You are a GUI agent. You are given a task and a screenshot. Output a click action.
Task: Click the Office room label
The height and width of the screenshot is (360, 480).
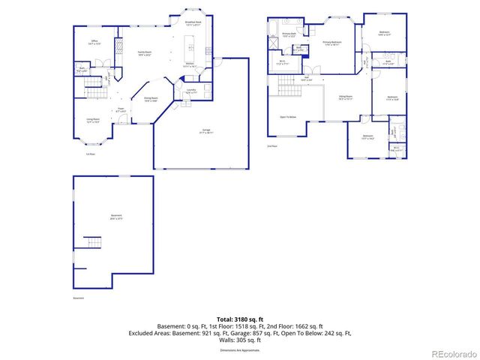95,40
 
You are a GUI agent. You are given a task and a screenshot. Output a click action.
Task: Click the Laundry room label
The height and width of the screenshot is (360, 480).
190,91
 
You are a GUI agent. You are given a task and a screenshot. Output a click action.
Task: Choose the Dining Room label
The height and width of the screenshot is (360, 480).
150,100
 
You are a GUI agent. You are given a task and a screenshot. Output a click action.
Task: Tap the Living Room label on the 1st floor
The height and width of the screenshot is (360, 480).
93,120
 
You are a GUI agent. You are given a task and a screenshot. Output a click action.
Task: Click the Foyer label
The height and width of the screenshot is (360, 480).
120,109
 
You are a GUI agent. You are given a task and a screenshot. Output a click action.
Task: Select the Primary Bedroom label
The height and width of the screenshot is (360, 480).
332,43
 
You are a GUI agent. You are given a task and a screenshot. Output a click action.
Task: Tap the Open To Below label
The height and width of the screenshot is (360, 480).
289,117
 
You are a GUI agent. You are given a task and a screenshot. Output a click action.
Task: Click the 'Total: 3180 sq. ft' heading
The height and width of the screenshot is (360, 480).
240,319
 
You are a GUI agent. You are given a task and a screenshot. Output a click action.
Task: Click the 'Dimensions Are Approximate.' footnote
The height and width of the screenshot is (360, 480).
240,349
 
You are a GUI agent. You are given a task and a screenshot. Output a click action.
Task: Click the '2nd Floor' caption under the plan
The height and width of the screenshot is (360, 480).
273,146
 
